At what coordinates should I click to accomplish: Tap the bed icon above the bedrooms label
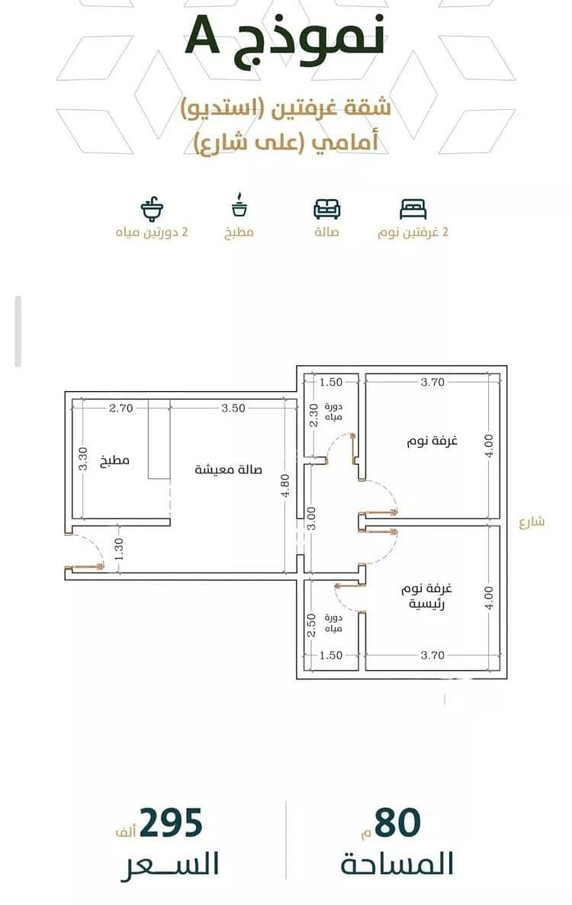[413, 208]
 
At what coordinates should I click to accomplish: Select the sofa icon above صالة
[326, 209]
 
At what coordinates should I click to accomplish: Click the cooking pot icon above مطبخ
[239, 206]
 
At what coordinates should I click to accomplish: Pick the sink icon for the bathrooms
[153, 209]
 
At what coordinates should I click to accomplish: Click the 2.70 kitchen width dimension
[121, 408]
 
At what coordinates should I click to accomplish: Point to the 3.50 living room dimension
[233, 408]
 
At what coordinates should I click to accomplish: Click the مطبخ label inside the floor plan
[115, 461]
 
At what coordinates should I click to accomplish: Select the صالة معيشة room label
[228, 469]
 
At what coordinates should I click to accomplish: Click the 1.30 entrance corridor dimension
[119, 549]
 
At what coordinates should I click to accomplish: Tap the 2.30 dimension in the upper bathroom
[313, 415]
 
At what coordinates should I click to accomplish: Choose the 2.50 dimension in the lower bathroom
[311, 625]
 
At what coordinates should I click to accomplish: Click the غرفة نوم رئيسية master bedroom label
[426, 596]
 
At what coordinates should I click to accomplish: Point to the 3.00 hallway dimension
[311, 518]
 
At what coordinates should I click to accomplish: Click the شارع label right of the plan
[532, 521]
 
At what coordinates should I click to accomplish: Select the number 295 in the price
[171, 823]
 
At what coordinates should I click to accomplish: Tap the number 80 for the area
[397, 823]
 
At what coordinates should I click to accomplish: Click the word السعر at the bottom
[170, 864]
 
